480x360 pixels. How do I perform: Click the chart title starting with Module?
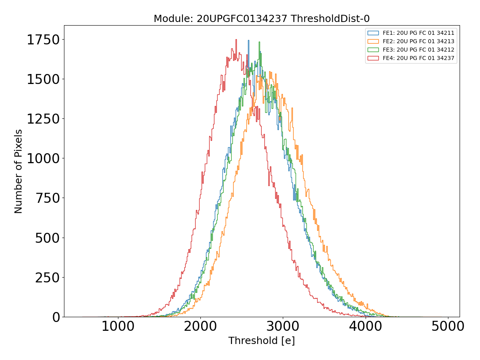[x=262, y=19]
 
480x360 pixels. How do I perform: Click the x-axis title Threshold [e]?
[x=262, y=341]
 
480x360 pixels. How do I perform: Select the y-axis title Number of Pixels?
[x=18, y=171]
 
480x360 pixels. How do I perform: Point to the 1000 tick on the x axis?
[x=118, y=326]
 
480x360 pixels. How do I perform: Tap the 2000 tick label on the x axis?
[x=200, y=326]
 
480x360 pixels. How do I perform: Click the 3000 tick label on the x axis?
[x=283, y=326]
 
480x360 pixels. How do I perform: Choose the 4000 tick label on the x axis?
[x=365, y=326]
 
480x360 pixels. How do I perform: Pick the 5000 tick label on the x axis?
[x=448, y=326]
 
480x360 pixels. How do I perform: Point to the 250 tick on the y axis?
[x=48, y=278]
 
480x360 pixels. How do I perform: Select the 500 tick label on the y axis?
[x=48, y=238]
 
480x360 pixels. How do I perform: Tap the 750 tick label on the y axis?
[x=48, y=198]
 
